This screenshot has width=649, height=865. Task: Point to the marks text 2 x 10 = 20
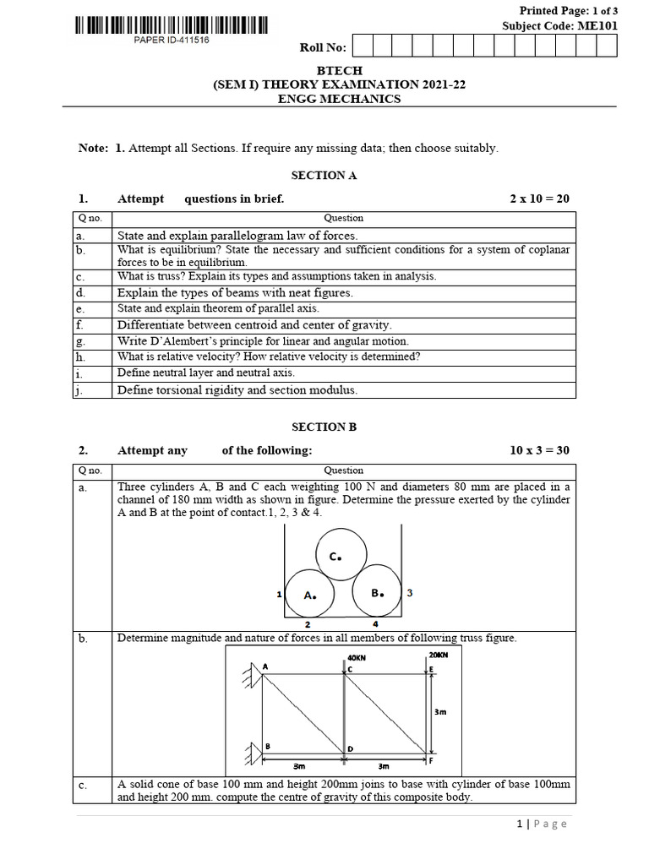click(x=539, y=199)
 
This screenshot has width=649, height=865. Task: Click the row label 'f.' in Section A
click(x=80, y=324)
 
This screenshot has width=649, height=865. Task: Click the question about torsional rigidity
click(x=237, y=389)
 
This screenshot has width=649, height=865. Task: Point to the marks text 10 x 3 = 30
click(x=539, y=450)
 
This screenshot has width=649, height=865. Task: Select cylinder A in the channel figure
click(x=309, y=594)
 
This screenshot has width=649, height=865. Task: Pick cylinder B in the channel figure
click(x=377, y=593)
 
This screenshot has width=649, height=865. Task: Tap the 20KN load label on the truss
click(x=439, y=655)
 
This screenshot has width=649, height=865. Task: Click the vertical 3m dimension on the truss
click(x=440, y=712)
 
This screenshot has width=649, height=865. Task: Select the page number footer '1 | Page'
click(x=542, y=824)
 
